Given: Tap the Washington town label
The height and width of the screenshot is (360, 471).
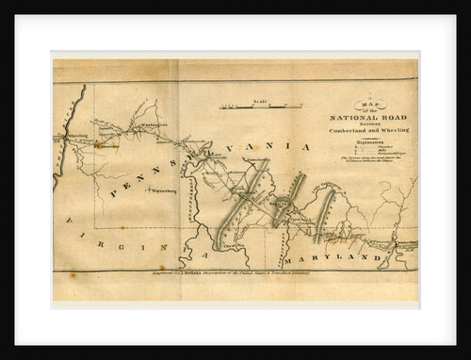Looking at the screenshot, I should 154,123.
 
